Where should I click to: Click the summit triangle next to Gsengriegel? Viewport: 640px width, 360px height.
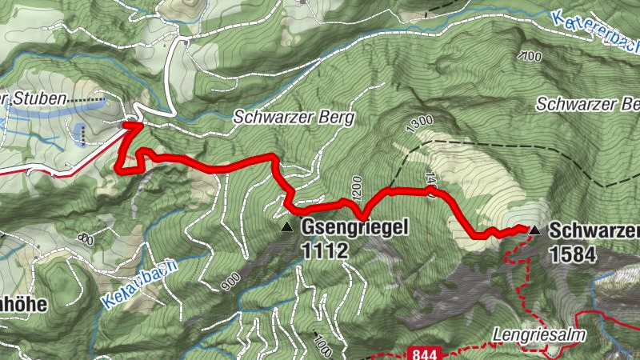pyautogui.click(x=286, y=227)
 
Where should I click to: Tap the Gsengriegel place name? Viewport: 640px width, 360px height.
pyautogui.click(x=355, y=228)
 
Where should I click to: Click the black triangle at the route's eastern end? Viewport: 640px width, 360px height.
pyautogui.click(x=534, y=230)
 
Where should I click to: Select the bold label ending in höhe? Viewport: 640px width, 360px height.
pyautogui.click(x=22, y=304)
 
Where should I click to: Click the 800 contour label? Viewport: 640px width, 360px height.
pyautogui.click(x=86, y=238)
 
